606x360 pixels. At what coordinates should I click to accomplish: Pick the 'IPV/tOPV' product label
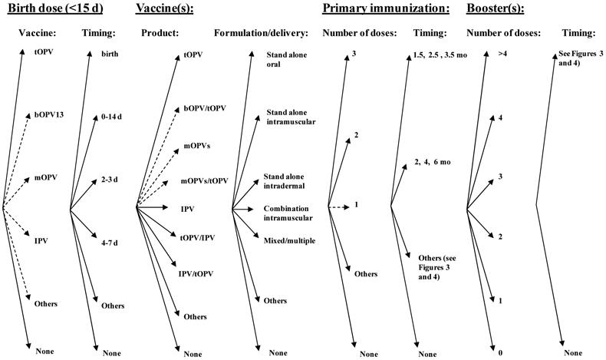pos(196,273)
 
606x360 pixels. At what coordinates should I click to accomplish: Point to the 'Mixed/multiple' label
pos(289,241)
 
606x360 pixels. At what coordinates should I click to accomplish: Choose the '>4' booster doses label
pos(502,55)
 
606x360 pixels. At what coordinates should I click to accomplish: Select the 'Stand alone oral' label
pos(285,59)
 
